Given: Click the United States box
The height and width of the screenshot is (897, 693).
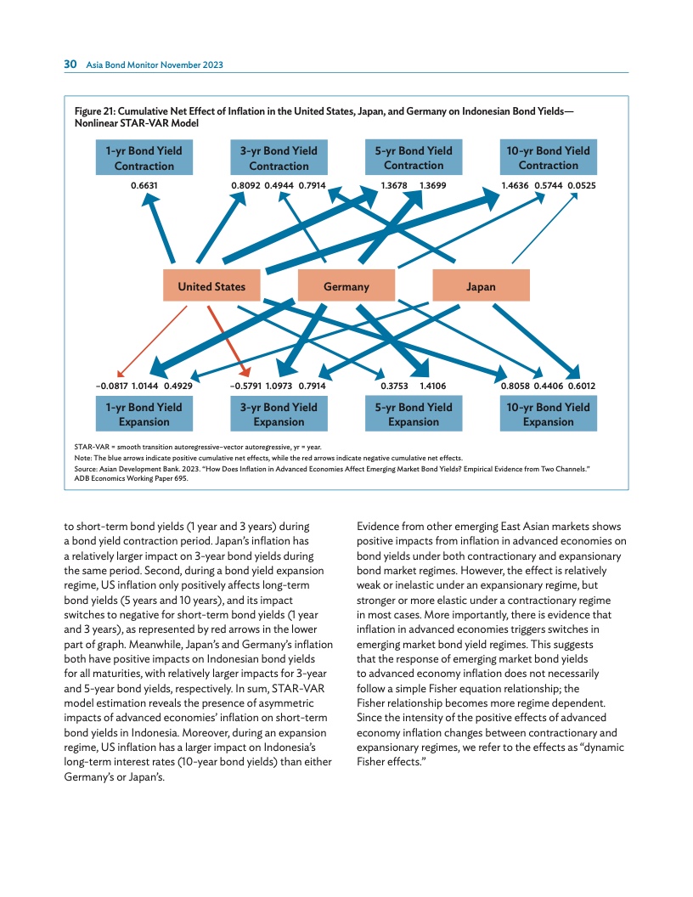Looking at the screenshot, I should (x=211, y=286).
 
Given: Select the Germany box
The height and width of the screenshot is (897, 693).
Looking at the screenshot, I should (x=346, y=286).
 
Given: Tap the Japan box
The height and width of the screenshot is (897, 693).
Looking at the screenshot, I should (x=481, y=286).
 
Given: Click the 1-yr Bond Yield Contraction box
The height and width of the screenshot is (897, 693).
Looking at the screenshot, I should (x=144, y=158).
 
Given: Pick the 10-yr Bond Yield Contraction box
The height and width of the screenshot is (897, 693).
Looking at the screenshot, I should (x=548, y=158).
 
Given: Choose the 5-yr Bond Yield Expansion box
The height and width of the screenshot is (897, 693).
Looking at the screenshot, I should (x=414, y=414).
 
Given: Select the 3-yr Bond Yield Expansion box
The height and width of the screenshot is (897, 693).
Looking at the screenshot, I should (x=279, y=414).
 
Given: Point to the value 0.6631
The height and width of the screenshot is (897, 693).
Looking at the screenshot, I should (x=144, y=183).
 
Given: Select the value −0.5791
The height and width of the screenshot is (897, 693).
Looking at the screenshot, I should (x=245, y=386).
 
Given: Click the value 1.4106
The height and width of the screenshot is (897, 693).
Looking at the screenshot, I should (x=432, y=386).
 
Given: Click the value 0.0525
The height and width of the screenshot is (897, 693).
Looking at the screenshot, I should (x=581, y=183).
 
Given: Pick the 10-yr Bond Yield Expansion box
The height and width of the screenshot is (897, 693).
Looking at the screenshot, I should (x=548, y=414).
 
